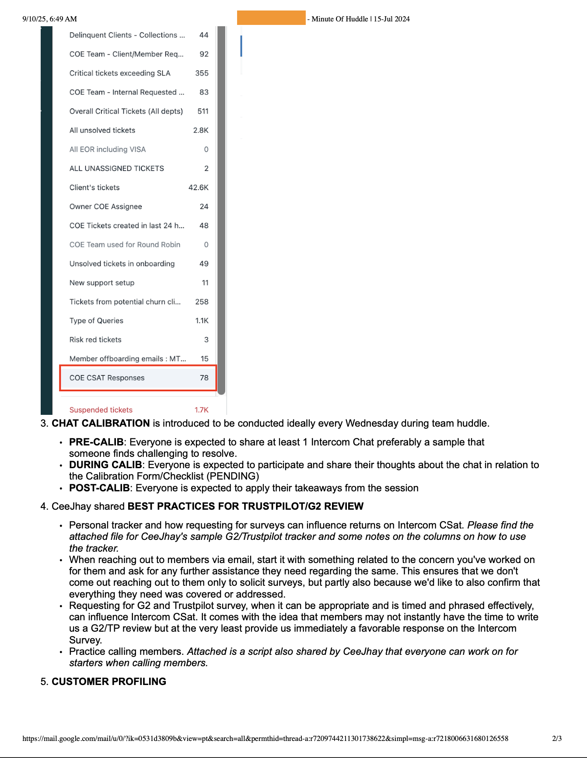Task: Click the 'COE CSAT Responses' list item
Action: coord(107,378)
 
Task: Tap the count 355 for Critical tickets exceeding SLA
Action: coord(202,73)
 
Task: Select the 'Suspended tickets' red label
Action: coord(101,410)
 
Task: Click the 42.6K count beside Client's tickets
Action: coord(198,188)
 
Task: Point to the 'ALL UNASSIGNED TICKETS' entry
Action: coord(116,168)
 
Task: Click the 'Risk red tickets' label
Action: coord(95,340)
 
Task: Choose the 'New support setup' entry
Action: coord(101,283)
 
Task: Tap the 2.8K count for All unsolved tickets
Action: coord(201,130)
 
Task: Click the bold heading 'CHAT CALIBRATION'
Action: coord(101,423)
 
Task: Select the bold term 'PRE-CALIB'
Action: coord(96,442)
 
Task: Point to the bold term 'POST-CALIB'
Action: coord(99,488)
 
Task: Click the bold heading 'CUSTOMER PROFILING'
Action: coord(109,682)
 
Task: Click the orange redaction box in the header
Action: coord(271,18)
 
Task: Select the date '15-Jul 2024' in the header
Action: coord(391,19)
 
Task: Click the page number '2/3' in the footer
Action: coord(557,738)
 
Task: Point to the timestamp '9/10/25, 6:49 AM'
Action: coord(49,19)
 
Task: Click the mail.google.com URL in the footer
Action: coord(265,738)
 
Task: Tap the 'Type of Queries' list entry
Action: coord(96,320)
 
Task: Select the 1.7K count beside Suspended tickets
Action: coord(201,410)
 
